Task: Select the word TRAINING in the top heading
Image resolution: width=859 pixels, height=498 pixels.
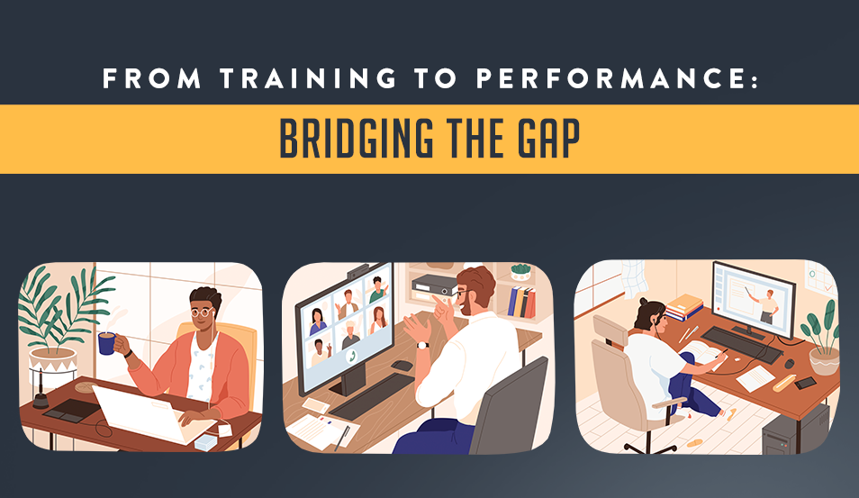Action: (309, 78)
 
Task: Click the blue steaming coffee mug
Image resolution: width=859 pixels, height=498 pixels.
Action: (107, 343)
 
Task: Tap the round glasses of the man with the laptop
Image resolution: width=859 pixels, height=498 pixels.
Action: (203, 312)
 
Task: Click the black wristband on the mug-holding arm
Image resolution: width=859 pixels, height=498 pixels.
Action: (128, 353)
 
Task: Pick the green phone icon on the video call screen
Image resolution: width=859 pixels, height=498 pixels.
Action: (352, 356)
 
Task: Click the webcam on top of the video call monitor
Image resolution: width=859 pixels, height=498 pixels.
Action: (357, 272)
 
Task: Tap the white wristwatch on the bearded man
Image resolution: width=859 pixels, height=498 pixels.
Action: (422, 345)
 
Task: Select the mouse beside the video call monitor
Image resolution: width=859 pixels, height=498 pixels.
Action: (402, 366)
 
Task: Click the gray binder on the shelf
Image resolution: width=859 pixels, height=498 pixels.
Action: (434, 285)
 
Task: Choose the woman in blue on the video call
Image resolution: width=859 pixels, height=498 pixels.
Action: (318, 321)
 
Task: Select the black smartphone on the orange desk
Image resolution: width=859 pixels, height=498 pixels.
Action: (805, 383)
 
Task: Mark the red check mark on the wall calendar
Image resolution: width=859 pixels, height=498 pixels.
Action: (827, 288)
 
